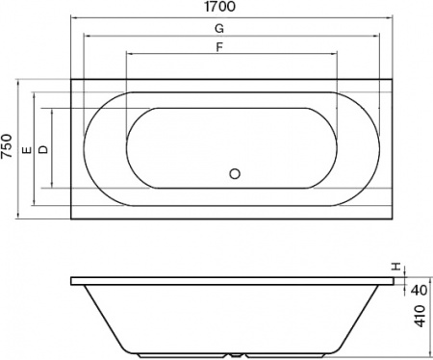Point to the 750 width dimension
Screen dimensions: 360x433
8,147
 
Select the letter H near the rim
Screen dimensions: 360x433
395,267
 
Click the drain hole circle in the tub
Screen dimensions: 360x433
233,174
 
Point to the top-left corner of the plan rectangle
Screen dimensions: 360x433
71,79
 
